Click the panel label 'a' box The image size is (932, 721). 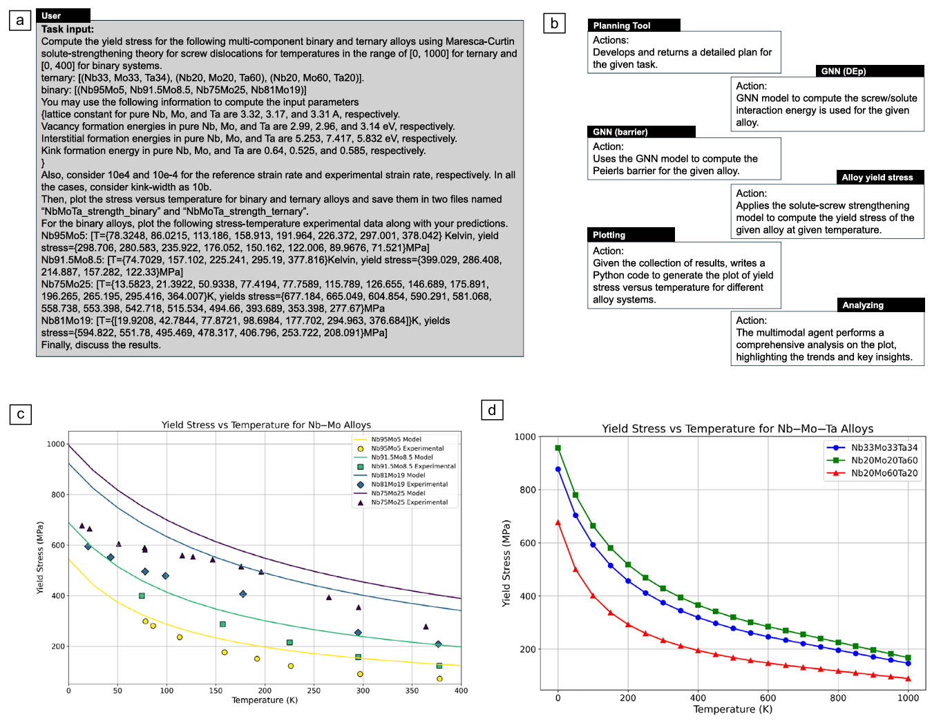tap(20, 21)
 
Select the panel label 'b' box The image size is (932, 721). tap(554, 23)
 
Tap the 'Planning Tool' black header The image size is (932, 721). tap(634, 26)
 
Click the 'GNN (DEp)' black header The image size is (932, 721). tap(870, 71)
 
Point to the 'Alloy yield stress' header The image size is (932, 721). tap(879, 177)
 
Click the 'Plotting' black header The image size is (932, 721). tap(631, 235)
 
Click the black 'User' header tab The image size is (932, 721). tap(63, 16)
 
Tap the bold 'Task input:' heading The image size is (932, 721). tap(68, 29)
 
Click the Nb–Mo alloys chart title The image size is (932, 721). tap(266, 425)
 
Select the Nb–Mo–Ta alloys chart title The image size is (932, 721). tap(737, 428)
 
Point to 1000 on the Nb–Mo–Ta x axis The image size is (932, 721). tap(908, 698)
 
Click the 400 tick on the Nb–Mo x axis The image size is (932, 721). tap(461, 691)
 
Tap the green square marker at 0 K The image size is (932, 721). tap(558, 448)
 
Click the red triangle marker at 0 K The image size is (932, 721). tap(558, 523)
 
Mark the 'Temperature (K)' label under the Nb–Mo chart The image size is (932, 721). tap(265, 700)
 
